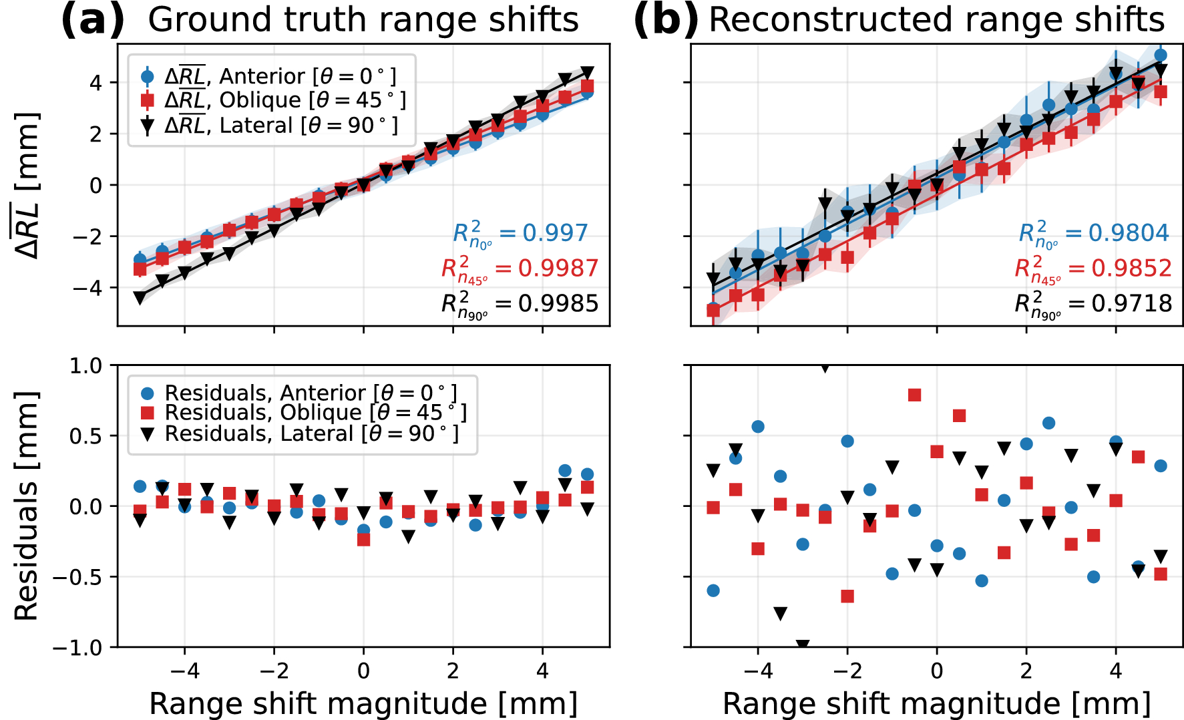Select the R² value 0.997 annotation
click(x=521, y=233)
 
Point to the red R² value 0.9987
click(x=520, y=268)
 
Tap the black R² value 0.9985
click(x=520, y=304)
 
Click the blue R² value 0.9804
click(x=1094, y=233)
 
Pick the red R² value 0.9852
click(x=1093, y=268)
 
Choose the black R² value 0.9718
click(x=1093, y=304)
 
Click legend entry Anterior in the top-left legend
click(x=280, y=76)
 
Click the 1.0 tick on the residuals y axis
click(x=86, y=365)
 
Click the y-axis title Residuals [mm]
click(x=27, y=506)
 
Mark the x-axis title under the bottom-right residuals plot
click(x=936, y=703)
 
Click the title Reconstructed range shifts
click(x=936, y=20)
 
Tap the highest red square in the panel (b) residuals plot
click(x=914, y=395)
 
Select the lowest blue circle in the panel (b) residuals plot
click(x=713, y=590)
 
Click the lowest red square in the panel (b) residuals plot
click(x=847, y=596)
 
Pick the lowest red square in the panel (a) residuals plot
click(x=364, y=539)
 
